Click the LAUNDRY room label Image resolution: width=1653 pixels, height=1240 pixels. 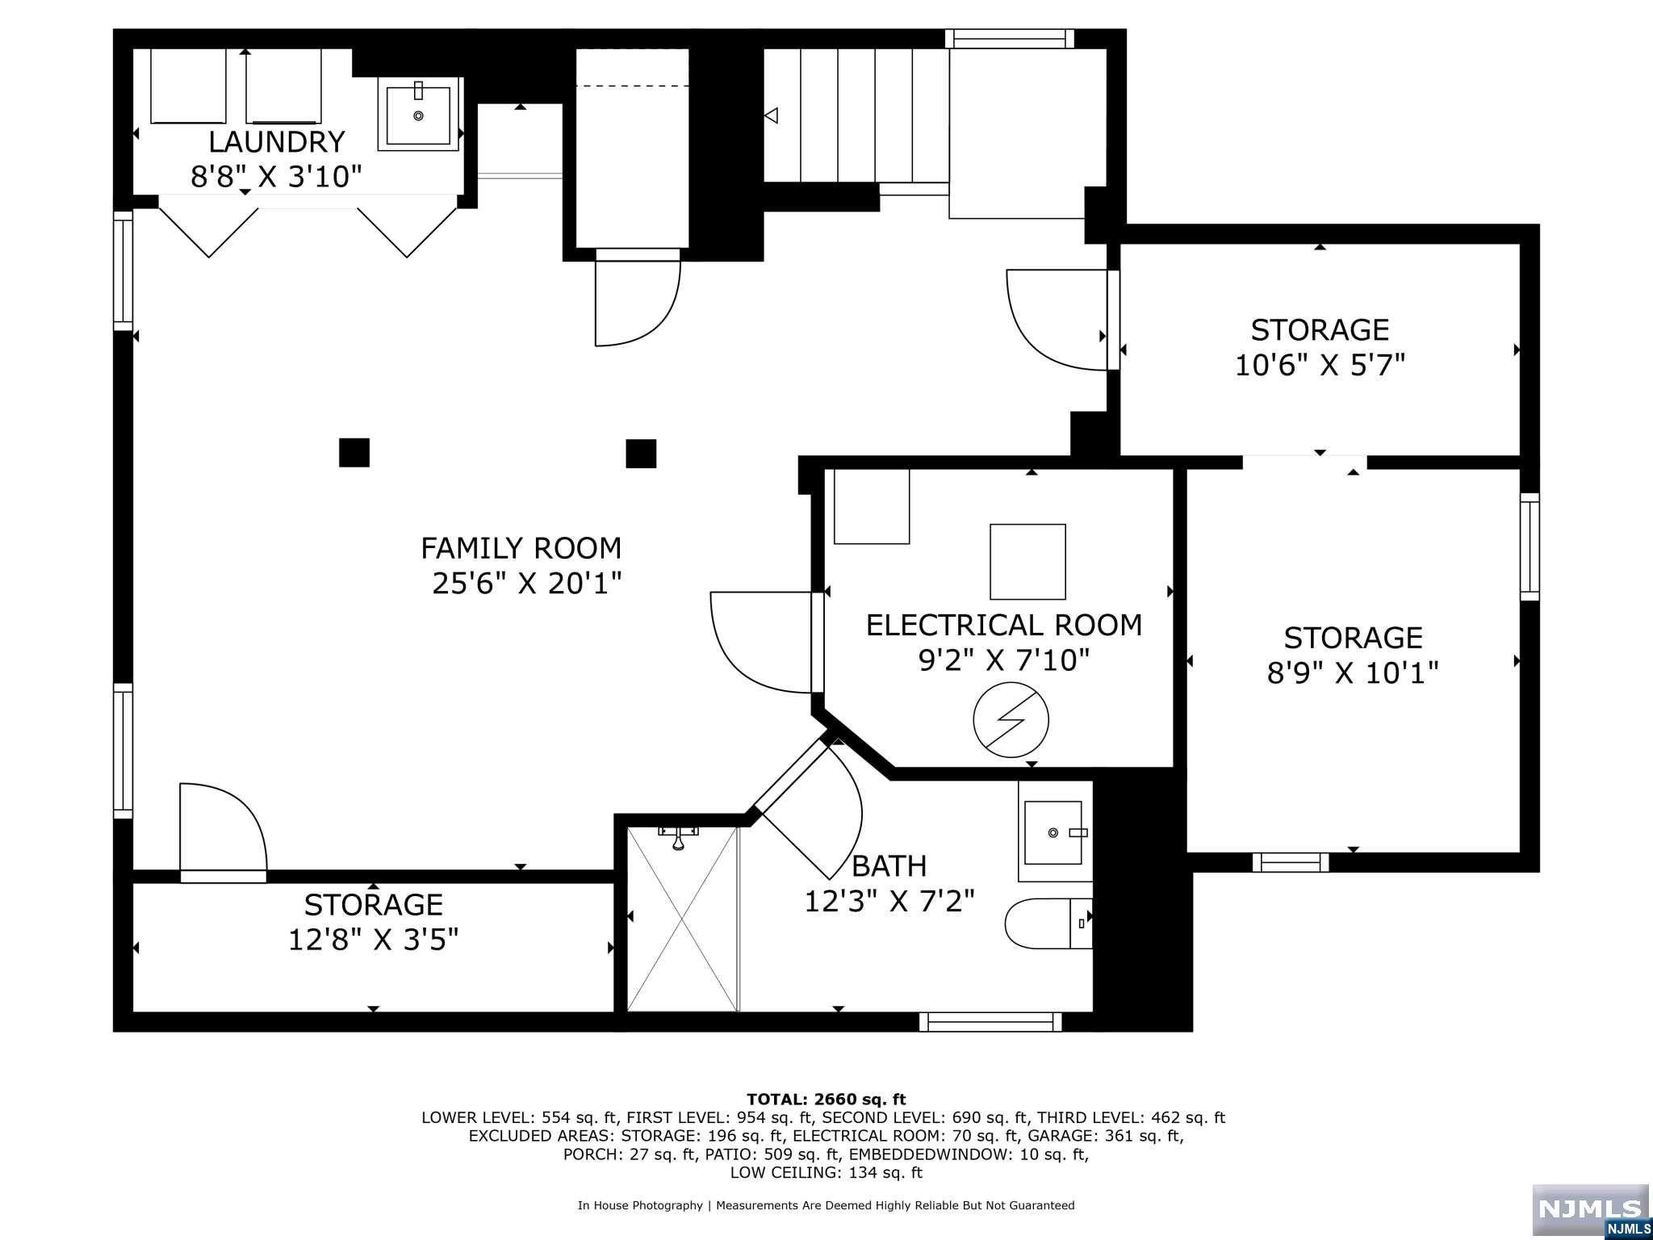tap(276, 142)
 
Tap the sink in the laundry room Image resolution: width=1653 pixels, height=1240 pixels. tap(418, 115)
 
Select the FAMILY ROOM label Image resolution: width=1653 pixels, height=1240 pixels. tap(521, 549)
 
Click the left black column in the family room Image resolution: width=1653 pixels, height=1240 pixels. tap(354, 452)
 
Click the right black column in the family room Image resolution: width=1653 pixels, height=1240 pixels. tap(641, 453)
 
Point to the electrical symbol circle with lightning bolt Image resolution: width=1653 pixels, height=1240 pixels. tap(1011, 720)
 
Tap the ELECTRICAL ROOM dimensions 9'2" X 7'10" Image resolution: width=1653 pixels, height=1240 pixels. tap(1004, 660)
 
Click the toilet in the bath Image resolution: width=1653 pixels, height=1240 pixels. tap(1048, 923)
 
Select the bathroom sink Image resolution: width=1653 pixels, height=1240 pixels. tap(1055, 832)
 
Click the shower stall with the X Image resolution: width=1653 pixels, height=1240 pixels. tap(683, 919)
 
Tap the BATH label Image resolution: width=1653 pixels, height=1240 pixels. tap(889, 866)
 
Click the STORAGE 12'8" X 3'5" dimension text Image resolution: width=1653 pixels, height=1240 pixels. tap(374, 940)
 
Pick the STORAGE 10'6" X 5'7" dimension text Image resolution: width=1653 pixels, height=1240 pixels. tap(1320, 365)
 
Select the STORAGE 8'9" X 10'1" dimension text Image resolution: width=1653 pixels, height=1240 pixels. tap(1354, 672)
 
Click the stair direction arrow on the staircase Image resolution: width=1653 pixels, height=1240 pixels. tap(771, 115)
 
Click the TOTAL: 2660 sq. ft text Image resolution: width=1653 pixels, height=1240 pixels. tap(826, 1099)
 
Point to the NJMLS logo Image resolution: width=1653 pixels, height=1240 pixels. tap(1590, 1211)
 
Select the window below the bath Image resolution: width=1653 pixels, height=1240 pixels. tap(990, 1022)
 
